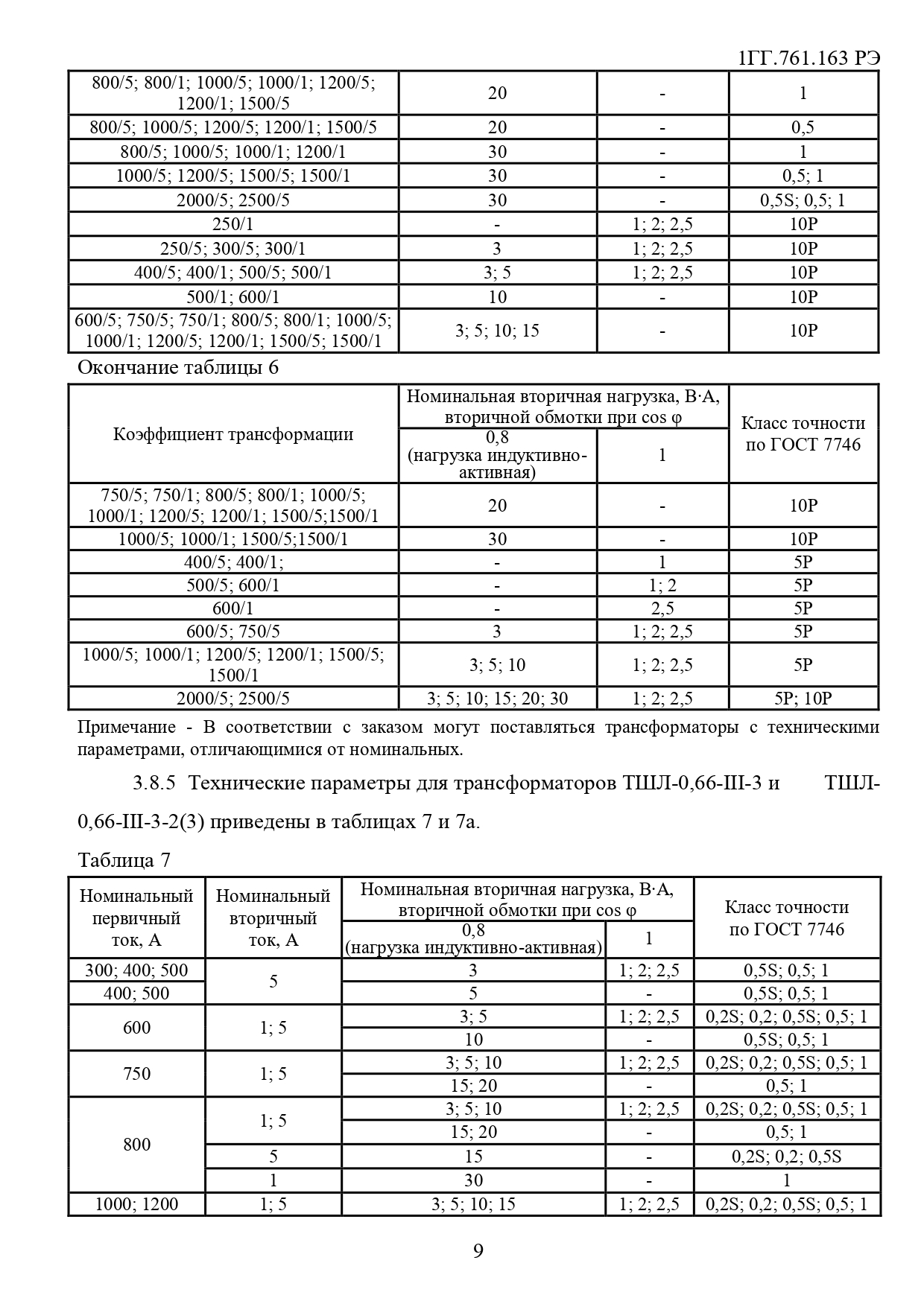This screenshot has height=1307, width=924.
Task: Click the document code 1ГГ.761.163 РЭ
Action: (808, 58)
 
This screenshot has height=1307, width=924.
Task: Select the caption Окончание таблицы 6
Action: (178, 367)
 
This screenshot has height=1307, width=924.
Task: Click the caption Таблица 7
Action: (124, 860)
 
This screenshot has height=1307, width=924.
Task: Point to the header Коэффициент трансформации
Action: (233, 434)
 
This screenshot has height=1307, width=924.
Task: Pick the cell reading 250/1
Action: (233, 224)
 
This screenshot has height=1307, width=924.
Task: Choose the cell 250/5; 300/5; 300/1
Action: (233, 249)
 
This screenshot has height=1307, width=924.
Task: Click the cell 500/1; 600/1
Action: (233, 297)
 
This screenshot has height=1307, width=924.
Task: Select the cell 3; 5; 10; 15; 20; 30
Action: (497, 698)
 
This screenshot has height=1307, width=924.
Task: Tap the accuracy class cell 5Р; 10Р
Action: (803, 698)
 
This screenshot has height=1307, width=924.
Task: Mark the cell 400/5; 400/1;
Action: (233, 562)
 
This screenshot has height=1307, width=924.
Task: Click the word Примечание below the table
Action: (127, 727)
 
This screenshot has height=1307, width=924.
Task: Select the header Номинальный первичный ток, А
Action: (136, 918)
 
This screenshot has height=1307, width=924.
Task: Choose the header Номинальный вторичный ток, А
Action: (273, 918)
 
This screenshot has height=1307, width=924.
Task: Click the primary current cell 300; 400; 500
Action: (136, 970)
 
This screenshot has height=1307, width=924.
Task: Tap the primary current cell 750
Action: (136, 1073)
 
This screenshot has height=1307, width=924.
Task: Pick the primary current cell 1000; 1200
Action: (136, 1204)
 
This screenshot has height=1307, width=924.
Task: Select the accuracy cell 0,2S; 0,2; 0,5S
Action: (786, 1157)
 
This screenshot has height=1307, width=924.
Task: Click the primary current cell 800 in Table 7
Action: (136, 1144)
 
